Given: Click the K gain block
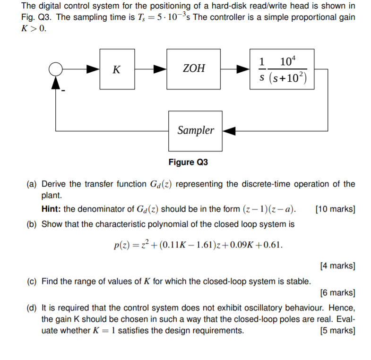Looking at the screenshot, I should [117, 69].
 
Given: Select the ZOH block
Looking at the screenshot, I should [194, 69].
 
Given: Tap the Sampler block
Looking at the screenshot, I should [196, 130].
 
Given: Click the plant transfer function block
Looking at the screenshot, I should [283, 69].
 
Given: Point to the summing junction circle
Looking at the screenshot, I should [56, 69].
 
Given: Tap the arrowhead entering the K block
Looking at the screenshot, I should [93, 69].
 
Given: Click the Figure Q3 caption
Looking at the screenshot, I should [188, 163].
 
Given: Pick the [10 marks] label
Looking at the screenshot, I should [335, 209].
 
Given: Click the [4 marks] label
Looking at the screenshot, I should [337, 266].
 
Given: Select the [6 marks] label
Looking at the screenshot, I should [337, 293].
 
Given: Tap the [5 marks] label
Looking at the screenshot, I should [337, 330].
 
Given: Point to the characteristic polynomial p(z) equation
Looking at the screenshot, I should [198, 245].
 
